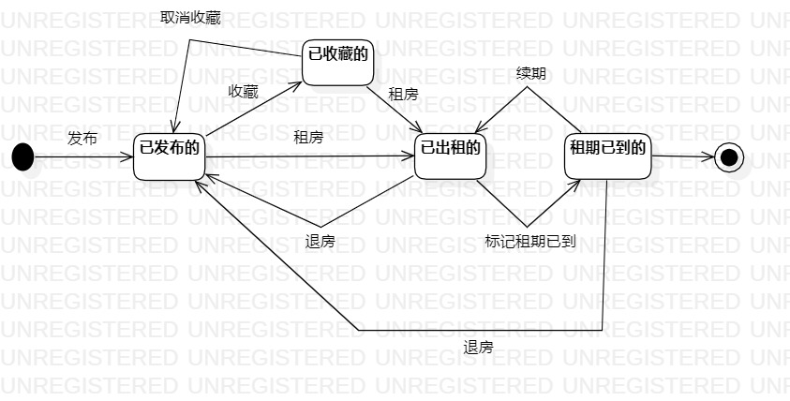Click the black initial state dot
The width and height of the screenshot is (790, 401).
click(22, 156)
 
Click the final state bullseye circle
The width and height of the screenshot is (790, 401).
click(729, 156)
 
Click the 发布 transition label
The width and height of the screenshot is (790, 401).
click(82, 139)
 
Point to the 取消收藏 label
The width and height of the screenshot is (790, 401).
click(190, 17)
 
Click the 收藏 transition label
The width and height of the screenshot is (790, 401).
click(244, 91)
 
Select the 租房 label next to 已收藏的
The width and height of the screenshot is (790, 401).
click(404, 93)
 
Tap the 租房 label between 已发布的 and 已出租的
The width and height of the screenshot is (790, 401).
click(308, 139)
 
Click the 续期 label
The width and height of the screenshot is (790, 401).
click(530, 73)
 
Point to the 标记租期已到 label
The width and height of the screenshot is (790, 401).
click(530, 241)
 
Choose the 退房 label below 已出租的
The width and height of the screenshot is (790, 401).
click(320, 241)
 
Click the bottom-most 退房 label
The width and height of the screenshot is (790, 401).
click(478, 347)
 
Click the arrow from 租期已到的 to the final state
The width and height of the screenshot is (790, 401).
click(682, 156)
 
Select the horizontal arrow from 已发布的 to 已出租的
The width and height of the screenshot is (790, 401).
click(309, 156)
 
